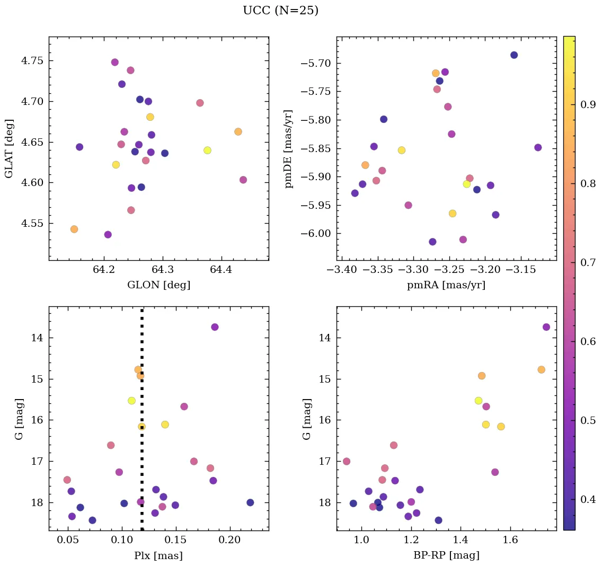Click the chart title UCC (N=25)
pos(280,11)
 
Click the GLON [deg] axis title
pos(158,285)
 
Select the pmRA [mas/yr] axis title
pos(446,285)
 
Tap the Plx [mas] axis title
pos(158,555)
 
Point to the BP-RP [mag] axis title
pos(446,555)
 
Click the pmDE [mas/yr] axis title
pos(289,148)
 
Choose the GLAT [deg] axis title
pos(9,148)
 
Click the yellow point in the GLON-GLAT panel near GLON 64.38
pos(207,151)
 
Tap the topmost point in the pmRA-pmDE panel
pos(514,55)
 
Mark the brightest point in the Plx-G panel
pos(215,327)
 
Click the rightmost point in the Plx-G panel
pos(250,502)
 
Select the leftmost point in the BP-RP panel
pos(347,462)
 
